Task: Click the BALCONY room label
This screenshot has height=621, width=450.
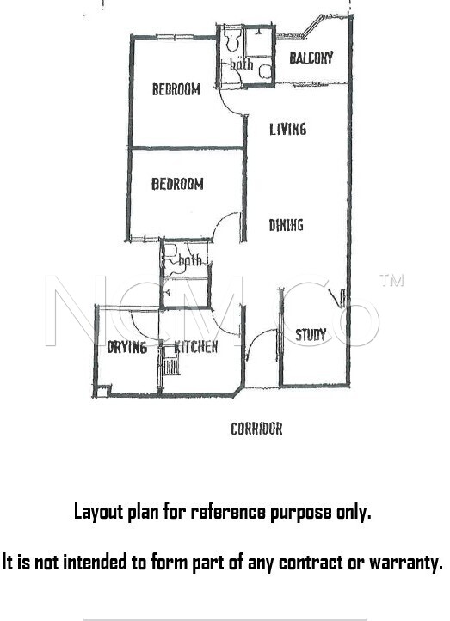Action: coord(311,58)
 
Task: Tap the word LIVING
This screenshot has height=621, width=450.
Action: coord(287,129)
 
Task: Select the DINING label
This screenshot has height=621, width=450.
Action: coord(287,225)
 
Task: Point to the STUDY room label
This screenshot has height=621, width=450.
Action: coord(311,335)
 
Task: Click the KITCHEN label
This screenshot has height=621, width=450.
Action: coord(196,347)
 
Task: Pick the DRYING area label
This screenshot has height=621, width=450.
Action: coord(127,347)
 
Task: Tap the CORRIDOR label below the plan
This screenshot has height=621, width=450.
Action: coord(256,429)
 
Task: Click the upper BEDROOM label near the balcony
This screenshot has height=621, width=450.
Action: coord(176,89)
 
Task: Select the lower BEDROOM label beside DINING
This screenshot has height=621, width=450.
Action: coord(177,184)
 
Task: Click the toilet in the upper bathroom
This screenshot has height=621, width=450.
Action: coord(231,40)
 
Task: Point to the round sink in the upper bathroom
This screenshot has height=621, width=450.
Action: coord(265,71)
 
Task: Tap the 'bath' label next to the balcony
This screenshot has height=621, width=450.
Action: coord(241,64)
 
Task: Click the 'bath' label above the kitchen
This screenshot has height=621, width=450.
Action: coord(190,260)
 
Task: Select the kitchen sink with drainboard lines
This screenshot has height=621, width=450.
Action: coord(171,361)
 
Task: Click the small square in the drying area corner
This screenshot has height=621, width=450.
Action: coord(102,392)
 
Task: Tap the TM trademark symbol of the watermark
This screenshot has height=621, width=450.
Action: coord(391,280)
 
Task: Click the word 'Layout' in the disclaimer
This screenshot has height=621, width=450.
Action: coord(99,512)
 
